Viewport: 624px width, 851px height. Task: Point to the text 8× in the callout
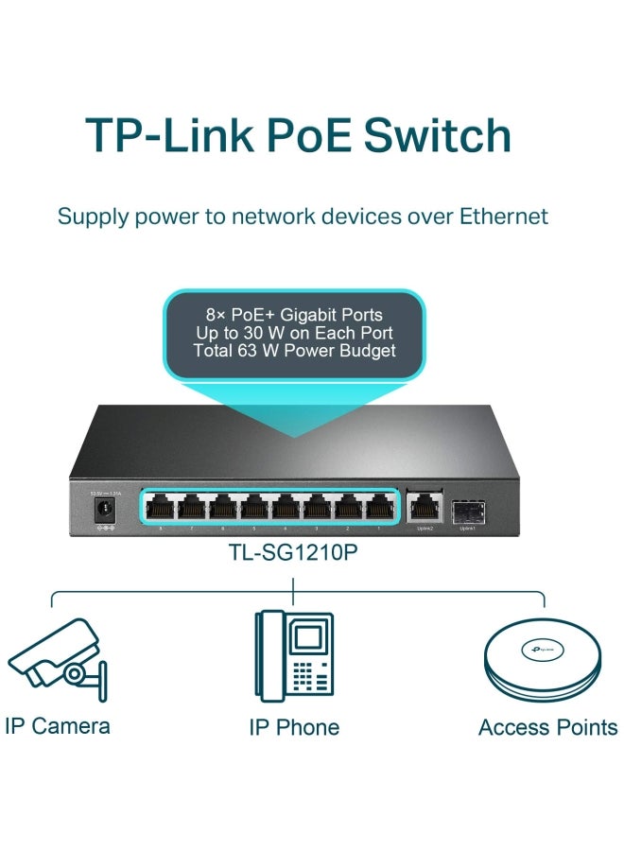(218, 313)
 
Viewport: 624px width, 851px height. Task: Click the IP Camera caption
(57, 726)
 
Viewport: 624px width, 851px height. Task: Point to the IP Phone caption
(294, 727)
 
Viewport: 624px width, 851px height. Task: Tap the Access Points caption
(547, 727)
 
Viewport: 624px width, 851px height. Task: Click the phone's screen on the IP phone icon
(305, 637)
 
